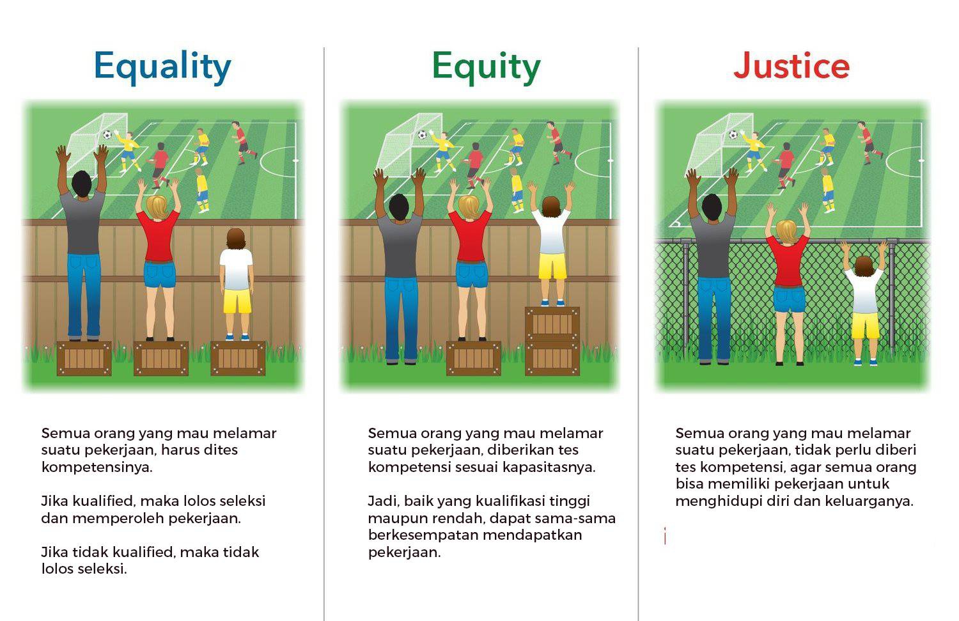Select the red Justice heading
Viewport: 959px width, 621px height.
pos(791,66)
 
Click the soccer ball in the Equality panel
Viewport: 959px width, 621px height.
pos(107,135)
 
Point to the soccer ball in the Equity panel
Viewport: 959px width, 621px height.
pos(422,135)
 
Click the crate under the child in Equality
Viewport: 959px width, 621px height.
pos(238,358)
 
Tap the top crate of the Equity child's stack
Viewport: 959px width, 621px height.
pos(552,324)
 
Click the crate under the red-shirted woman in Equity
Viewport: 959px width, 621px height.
pos(473,358)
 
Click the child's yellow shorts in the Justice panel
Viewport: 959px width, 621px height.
pos(865,326)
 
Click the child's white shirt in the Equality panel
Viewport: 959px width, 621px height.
pos(237,269)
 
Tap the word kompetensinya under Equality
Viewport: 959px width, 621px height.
pos(97,467)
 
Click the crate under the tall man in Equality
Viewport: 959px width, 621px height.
pos(84,358)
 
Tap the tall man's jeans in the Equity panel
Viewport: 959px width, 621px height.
pos(402,317)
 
